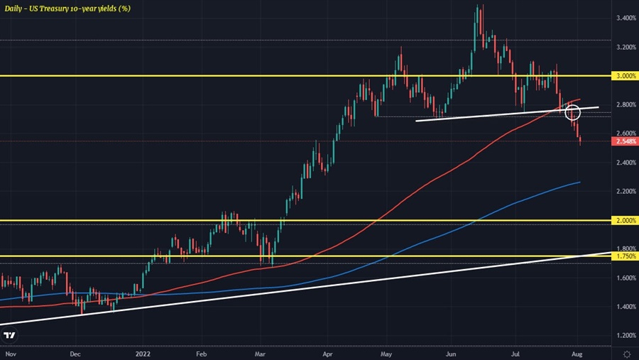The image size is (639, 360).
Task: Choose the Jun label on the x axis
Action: (449, 353)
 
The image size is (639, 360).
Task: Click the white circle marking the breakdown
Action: (573, 111)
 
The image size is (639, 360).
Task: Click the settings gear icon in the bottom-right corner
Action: (628, 353)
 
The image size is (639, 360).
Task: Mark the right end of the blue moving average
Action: (580, 182)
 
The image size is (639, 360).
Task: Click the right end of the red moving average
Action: (580, 99)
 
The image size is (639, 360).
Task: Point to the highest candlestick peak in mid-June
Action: (482, 6)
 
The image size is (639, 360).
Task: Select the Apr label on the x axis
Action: (327, 353)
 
